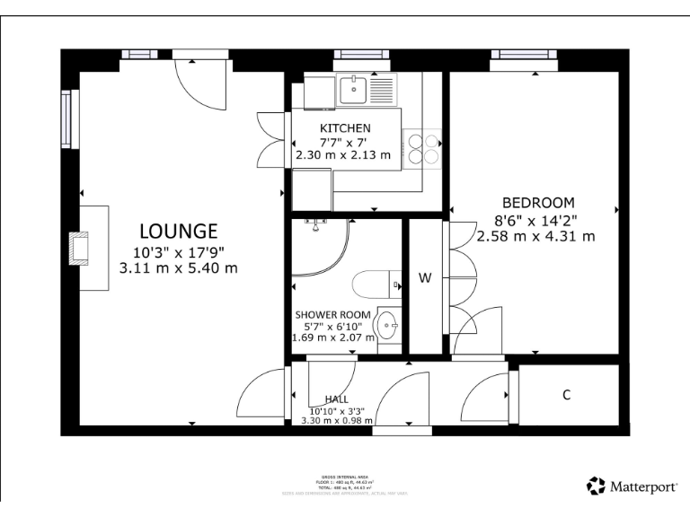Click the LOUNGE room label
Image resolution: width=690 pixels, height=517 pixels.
[178, 231]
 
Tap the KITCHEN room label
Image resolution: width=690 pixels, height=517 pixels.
[344, 128]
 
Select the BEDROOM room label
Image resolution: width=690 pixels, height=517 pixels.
[537, 203]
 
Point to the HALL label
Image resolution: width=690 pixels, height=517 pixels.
[337, 399]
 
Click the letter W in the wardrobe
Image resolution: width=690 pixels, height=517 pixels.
[425, 278]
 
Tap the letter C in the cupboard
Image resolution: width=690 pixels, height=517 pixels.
[567, 396]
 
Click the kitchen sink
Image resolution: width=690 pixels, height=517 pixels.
[356, 90]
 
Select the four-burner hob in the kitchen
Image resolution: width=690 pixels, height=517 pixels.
[423, 147]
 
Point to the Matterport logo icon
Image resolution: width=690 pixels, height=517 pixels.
[597, 486]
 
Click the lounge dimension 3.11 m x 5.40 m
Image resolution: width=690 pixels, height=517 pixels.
[178, 267]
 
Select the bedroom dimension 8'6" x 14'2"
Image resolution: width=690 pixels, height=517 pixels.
[536, 220]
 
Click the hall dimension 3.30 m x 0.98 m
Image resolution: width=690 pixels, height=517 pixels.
[336, 419]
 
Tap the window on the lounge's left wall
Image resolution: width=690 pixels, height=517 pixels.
[66, 118]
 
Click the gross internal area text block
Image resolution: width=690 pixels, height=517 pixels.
[345, 485]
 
